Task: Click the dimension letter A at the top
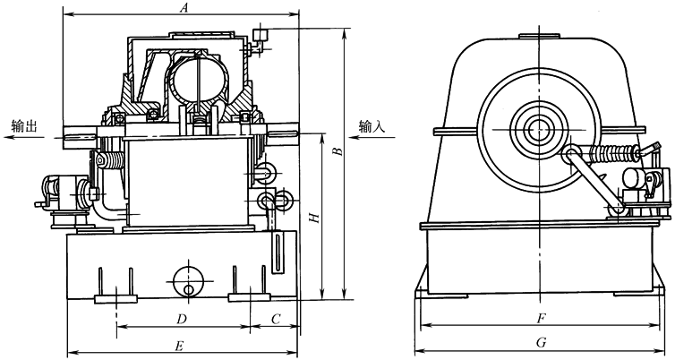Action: [184, 7]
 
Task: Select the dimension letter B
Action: [338, 151]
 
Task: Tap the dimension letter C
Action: [276, 319]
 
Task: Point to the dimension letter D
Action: [181, 319]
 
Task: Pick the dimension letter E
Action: [180, 346]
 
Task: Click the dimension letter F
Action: [541, 319]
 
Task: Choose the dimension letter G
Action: [541, 343]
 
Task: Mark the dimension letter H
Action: [315, 218]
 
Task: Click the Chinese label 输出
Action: [24, 126]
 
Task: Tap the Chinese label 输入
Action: [372, 126]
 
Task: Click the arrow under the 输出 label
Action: [24, 137]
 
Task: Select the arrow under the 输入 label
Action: [372, 137]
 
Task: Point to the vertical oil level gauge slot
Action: [278, 253]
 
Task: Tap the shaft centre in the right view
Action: [538, 130]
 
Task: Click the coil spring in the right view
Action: [613, 153]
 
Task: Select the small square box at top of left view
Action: [260, 34]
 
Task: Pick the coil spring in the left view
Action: [111, 161]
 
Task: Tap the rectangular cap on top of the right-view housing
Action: [539, 37]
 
